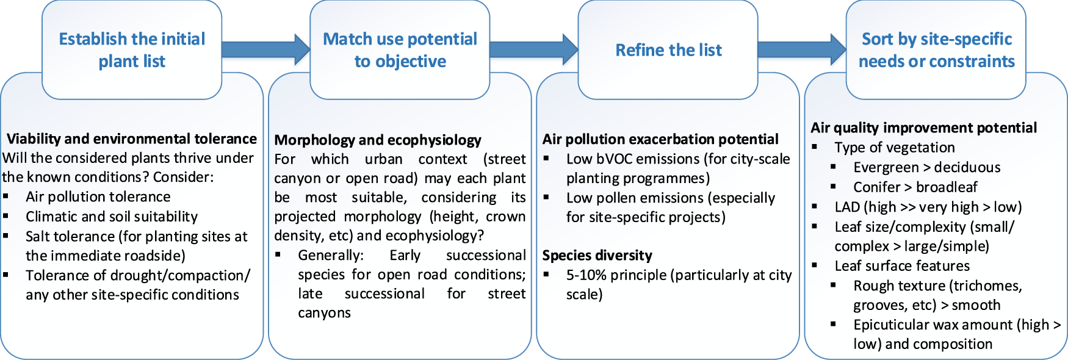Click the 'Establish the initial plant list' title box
pyautogui.click(x=132, y=50)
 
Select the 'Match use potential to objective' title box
pyautogui.click(x=400, y=50)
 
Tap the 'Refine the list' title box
pyautogui.click(x=668, y=50)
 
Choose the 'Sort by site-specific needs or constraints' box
pyautogui.click(x=936, y=50)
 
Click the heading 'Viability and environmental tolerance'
pyautogui.click(x=131, y=139)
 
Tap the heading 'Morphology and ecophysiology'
pyautogui.click(x=378, y=140)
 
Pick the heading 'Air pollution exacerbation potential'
pyautogui.click(x=660, y=139)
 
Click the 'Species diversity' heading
pyautogui.click(x=597, y=255)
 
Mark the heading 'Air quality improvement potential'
pyautogui.click(x=923, y=128)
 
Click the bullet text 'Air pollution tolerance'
pyautogui.click(x=98, y=196)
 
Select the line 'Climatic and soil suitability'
pyautogui.click(x=112, y=217)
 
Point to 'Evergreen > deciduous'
pyautogui.click(x=926, y=167)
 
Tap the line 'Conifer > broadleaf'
pyautogui.click(x=915, y=187)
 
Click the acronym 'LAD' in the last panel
pyautogui.click(x=847, y=207)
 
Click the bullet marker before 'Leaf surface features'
pyautogui.click(x=815, y=265)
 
